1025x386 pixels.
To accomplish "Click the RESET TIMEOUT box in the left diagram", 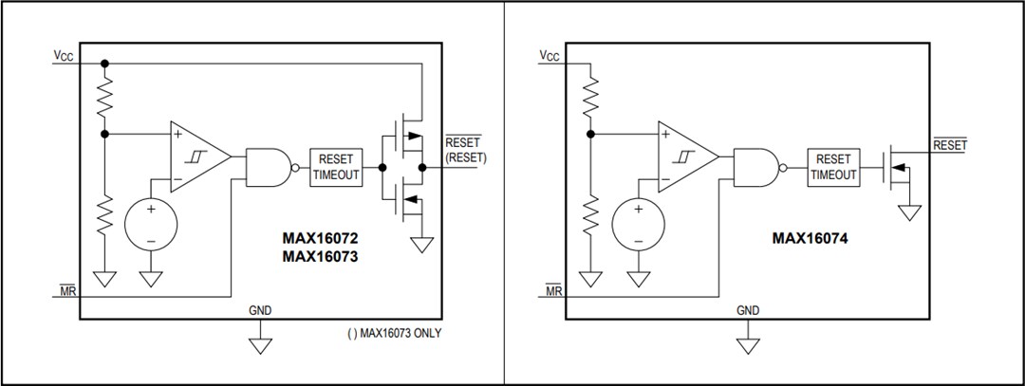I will click(x=336, y=167).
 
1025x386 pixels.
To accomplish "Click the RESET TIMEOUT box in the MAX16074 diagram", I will click(x=833, y=167).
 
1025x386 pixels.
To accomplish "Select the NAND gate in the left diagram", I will click(x=269, y=167).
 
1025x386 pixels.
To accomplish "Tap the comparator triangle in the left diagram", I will click(x=197, y=156).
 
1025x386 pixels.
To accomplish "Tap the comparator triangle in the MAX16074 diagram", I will click(x=685, y=156).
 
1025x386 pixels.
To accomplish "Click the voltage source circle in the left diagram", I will click(x=149, y=224).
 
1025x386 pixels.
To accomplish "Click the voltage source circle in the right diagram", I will click(x=637, y=225).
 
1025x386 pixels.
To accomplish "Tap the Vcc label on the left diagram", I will click(x=64, y=56).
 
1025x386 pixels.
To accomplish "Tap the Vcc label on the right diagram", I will click(x=550, y=56).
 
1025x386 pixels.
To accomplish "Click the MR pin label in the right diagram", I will click(x=553, y=291).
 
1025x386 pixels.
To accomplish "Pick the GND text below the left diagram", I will click(x=259, y=310).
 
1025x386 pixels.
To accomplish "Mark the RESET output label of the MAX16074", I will click(x=950, y=145).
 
